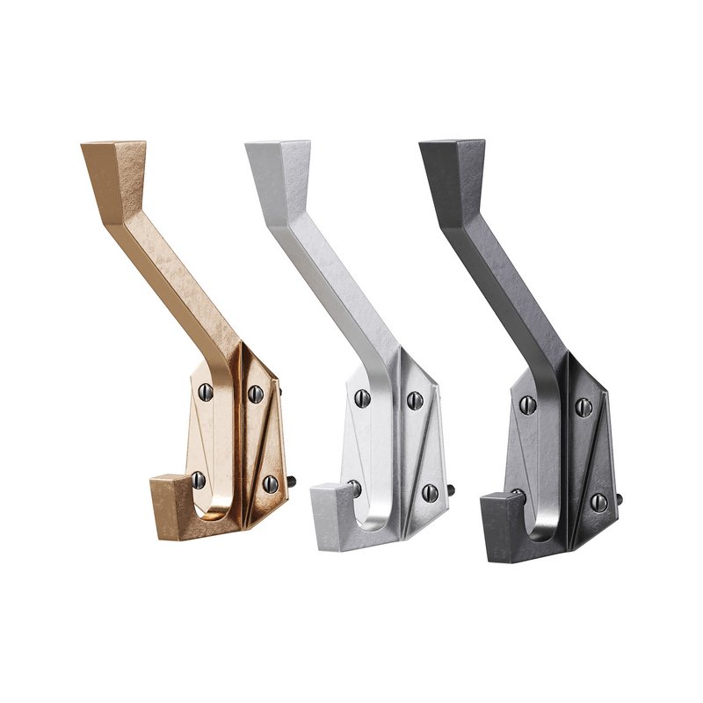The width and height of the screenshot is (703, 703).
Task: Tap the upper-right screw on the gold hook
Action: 256,392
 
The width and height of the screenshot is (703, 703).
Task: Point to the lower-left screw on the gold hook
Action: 199,479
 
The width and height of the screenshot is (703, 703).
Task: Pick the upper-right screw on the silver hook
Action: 415,401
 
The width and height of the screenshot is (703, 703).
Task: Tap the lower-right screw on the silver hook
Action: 430,491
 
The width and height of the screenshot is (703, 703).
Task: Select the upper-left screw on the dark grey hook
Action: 528,404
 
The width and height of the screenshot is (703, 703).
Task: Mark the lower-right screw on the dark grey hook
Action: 598,502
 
